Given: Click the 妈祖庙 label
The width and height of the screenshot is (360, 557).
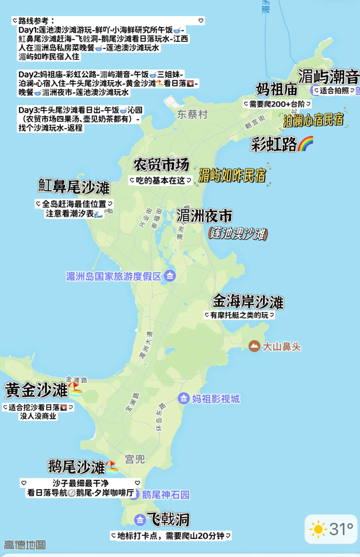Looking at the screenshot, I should [x=276, y=89].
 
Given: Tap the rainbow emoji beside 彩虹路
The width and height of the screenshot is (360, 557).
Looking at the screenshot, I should [x=306, y=143].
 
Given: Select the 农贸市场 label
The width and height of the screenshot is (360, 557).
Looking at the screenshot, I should [x=161, y=165].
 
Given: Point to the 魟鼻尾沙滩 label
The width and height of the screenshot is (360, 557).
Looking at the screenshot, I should [x=74, y=186].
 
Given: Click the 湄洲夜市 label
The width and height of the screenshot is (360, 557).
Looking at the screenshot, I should [x=204, y=216].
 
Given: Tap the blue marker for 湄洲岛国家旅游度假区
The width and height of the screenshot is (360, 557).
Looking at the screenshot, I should [x=170, y=276].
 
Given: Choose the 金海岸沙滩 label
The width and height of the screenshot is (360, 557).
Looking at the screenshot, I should [x=248, y=302].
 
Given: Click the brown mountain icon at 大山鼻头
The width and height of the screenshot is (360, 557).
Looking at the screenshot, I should [x=254, y=346].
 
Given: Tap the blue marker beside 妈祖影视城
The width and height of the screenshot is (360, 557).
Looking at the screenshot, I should [x=184, y=398].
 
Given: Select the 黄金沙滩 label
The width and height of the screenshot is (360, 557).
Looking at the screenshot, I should [x=36, y=390].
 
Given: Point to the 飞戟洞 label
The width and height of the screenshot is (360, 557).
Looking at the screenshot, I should [x=168, y=519].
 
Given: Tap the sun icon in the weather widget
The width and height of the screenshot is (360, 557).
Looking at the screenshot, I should [x=318, y=529].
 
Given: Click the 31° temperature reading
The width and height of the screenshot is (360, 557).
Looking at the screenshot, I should [x=341, y=529].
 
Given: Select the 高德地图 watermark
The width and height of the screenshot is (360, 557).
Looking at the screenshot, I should [x=25, y=545].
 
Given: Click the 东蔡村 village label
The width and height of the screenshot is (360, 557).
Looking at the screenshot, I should [x=192, y=114].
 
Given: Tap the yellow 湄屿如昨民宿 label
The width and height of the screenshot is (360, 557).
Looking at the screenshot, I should [x=232, y=175].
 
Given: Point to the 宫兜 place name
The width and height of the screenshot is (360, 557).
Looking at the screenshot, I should [x=135, y=459].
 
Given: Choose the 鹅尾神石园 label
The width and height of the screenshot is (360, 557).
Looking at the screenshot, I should [x=166, y=495].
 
